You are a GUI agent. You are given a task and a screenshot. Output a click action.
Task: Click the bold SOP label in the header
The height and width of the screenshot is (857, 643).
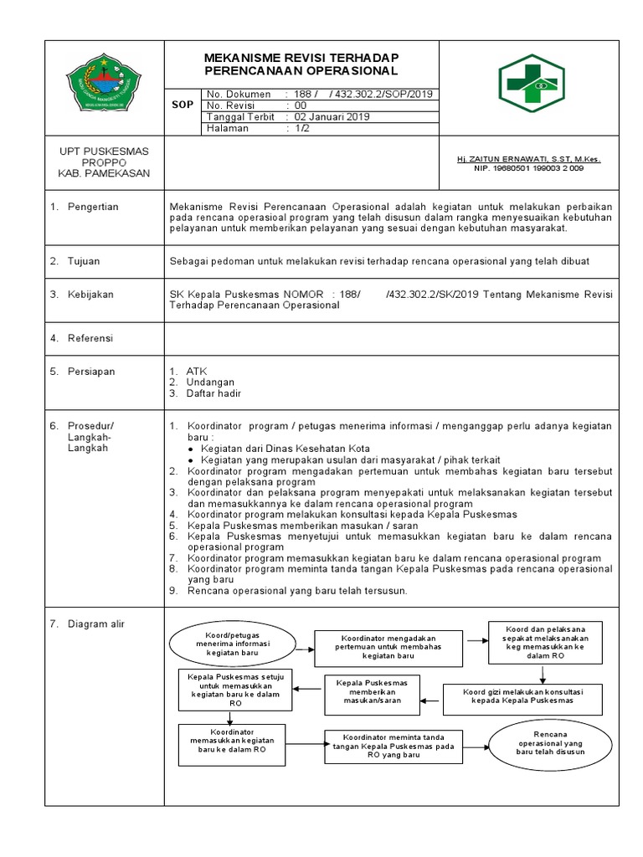[182, 105]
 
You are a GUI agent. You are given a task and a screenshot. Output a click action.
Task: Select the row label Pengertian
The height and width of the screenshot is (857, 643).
[93, 207]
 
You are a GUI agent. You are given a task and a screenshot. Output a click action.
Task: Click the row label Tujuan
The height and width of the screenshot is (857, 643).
[84, 261]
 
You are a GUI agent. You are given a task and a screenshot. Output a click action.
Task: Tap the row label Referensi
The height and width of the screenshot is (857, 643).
[90, 338]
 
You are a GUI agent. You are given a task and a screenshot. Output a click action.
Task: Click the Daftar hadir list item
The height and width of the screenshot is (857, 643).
[213, 393]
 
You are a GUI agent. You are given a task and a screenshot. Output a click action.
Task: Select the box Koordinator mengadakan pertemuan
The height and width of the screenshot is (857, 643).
[389, 646]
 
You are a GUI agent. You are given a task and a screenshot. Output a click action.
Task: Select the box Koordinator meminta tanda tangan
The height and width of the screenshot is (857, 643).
[393, 746]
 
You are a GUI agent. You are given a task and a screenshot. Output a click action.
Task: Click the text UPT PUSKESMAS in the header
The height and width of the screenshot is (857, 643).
[104, 151]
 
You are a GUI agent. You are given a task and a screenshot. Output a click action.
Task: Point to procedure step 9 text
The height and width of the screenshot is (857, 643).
[296, 590]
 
